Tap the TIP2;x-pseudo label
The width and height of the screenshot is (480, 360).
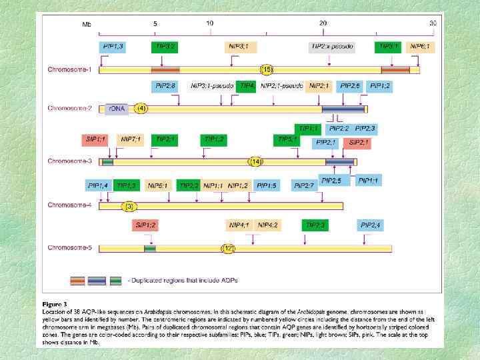[x=331, y=47]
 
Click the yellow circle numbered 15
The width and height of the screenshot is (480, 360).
[x=267, y=69]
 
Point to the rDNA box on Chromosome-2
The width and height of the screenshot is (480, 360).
[x=113, y=108]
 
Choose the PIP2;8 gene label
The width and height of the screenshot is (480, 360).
[x=165, y=86]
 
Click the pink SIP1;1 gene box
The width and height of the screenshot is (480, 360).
[x=96, y=139]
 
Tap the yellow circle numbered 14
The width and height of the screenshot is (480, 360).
[x=255, y=161]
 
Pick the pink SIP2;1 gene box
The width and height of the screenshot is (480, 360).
[x=359, y=143]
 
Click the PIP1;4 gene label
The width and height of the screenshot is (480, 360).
[x=98, y=185]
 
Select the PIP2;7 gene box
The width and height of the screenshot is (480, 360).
[x=305, y=185]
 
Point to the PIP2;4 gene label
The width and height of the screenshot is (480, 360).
[x=371, y=225]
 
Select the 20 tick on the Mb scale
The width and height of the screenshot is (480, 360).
[x=323, y=23]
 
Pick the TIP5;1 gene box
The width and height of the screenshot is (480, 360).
[x=287, y=139]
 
